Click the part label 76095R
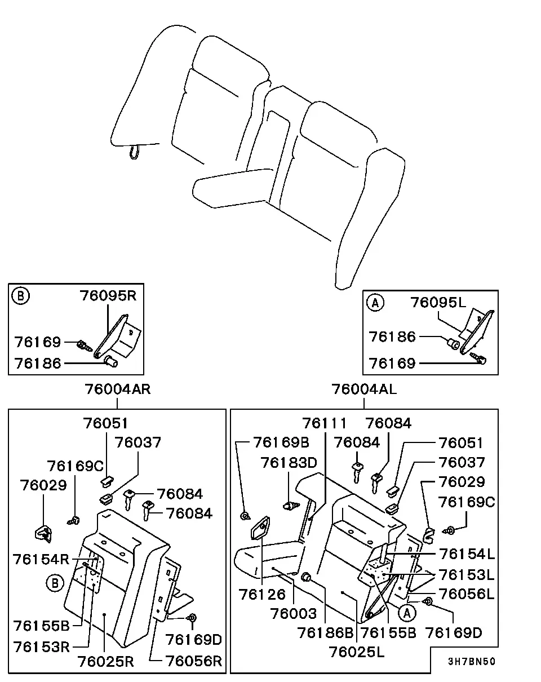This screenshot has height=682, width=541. click(x=108, y=296)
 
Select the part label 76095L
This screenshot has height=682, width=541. click(x=438, y=302)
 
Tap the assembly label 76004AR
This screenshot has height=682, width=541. click(x=117, y=389)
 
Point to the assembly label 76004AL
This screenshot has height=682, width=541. click(x=364, y=389)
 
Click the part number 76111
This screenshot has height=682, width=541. click(x=324, y=423)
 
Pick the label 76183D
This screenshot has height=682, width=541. click(x=289, y=463)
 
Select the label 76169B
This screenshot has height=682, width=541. click(x=281, y=442)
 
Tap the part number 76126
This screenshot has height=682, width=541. click(x=262, y=595)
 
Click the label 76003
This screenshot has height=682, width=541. click(x=294, y=614)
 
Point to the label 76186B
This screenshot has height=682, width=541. click(x=325, y=633)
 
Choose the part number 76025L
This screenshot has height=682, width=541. click(x=357, y=652)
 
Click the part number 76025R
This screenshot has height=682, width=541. click(x=106, y=661)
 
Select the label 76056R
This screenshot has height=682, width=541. click(x=194, y=661)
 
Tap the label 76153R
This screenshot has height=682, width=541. click(x=41, y=647)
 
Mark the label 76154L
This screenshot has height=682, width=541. click(x=467, y=554)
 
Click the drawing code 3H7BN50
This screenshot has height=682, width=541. click(x=471, y=662)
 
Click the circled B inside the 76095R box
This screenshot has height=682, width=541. click(x=21, y=296)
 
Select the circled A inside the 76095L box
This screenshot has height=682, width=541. click(x=375, y=303)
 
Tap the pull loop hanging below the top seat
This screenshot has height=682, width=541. click(x=134, y=152)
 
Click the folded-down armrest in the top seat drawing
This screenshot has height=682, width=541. click(x=233, y=188)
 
